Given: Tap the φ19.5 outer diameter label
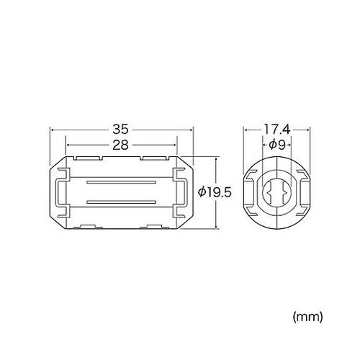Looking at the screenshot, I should [x=214, y=192].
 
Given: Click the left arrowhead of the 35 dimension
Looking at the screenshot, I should [x=52, y=131].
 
